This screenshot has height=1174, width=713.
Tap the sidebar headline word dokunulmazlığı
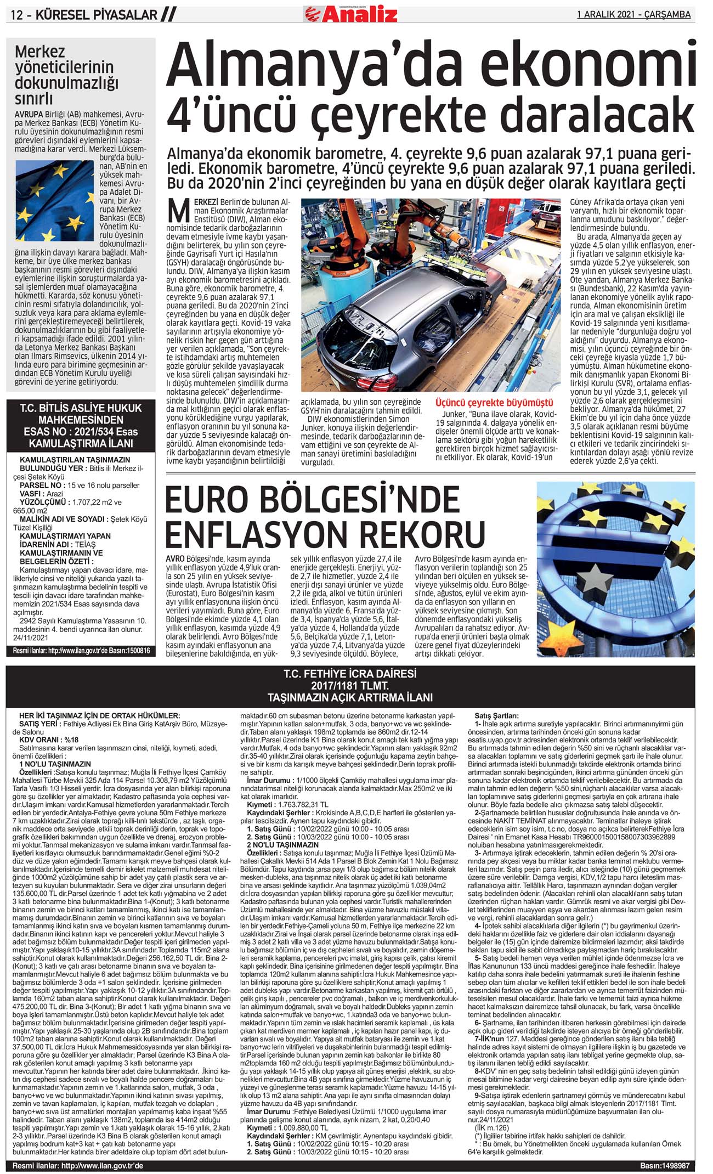[66, 83]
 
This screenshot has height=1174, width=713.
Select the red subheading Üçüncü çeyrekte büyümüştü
[494, 403]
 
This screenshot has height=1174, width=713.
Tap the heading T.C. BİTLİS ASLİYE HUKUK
[81, 408]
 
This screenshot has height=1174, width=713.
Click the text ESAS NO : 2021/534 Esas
[81, 432]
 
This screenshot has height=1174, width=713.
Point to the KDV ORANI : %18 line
[49, 740]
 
